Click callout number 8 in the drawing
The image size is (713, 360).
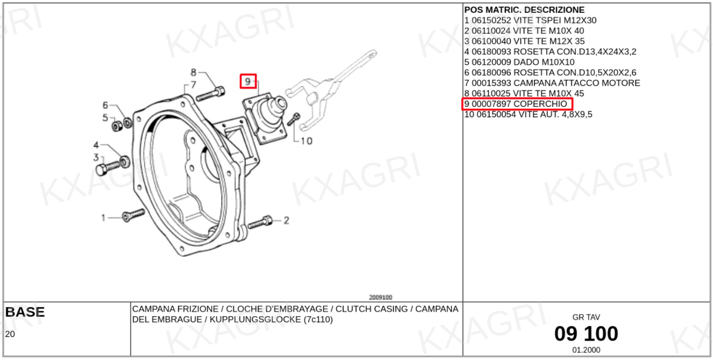(193, 73)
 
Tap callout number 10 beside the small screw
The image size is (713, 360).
(306, 141)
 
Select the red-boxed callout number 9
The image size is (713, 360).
(248, 82)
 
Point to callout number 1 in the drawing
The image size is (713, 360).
(103, 218)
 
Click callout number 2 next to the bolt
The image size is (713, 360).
(287, 220)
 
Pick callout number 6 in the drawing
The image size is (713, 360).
(105, 105)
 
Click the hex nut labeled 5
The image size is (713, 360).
(117, 126)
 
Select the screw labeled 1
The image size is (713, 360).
(134, 215)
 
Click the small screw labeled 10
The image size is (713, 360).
(294, 119)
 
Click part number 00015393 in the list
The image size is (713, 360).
(491, 83)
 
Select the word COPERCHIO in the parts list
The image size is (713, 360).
(540, 104)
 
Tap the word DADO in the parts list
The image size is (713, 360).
(526, 62)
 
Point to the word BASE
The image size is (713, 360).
(25, 312)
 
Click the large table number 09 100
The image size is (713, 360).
(586, 334)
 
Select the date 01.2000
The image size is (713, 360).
(586, 350)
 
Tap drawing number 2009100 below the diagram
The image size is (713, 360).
(381, 297)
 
